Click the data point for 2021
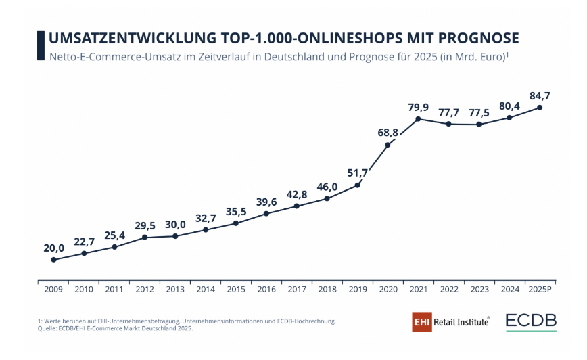[419, 119]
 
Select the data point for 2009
[53, 260]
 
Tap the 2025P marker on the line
[540, 107]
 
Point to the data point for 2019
[358, 185]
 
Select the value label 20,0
[53, 248]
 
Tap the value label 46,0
[327, 186]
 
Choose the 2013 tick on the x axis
[175, 290]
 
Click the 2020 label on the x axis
[388, 290]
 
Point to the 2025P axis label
[540, 290]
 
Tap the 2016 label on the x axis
[266, 290]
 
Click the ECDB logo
[531, 321]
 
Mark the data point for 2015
[236, 223]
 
